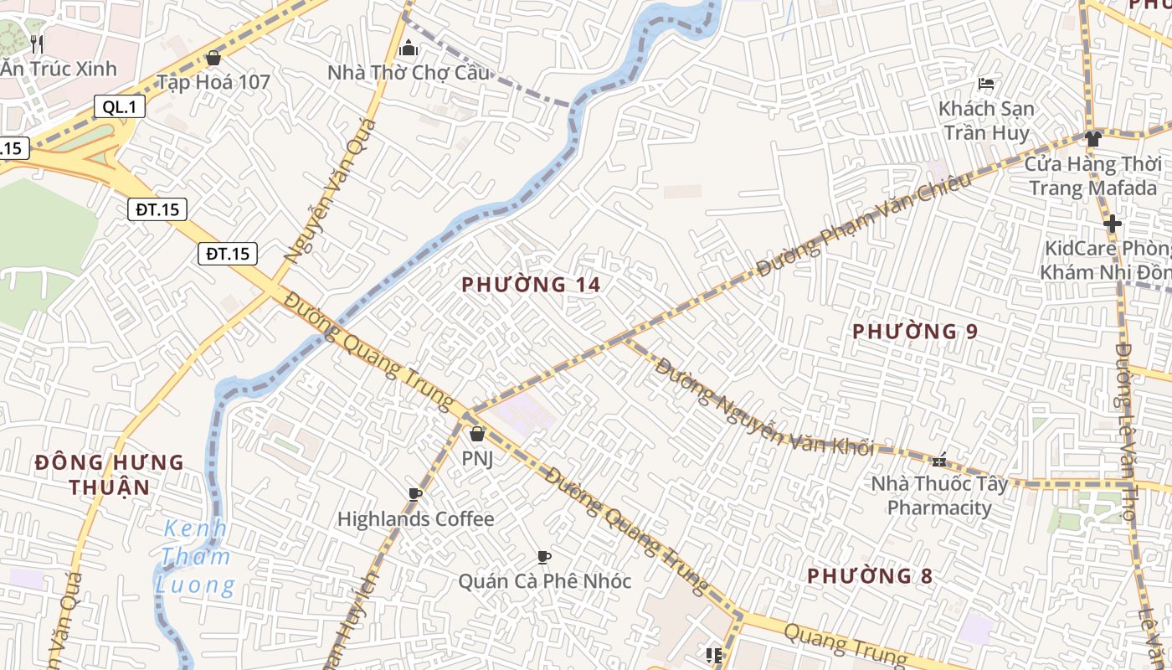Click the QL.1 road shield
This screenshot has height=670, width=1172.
click(x=120, y=106)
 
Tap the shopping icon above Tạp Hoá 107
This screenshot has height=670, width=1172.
click(x=213, y=58)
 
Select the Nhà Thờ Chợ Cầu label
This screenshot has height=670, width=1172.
click(x=409, y=73)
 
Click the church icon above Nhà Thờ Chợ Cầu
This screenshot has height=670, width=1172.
click(x=409, y=48)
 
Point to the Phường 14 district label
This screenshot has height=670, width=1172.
click(x=531, y=285)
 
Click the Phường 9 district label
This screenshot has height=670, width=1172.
click(x=915, y=332)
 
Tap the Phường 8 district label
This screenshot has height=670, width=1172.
click(x=870, y=576)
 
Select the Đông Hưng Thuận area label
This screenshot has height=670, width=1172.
click(x=109, y=474)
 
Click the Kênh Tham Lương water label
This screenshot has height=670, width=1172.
click(x=195, y=557)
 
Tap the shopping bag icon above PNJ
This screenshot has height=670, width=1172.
click(x=477, y=434)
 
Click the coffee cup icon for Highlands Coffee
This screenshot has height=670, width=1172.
click(x=415, y=494)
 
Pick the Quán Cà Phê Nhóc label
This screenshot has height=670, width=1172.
click(x=544, y=580)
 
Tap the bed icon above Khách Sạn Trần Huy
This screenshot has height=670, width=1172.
click(x=986, y=84)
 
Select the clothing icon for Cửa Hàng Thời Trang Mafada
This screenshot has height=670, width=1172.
click(x=1093, y=139)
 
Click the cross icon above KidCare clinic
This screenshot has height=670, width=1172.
click(x=1112, y=224)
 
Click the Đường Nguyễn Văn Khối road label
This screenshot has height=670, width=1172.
click(x=763, y=407)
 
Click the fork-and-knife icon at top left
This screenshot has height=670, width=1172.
click(x=36, y=44)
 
